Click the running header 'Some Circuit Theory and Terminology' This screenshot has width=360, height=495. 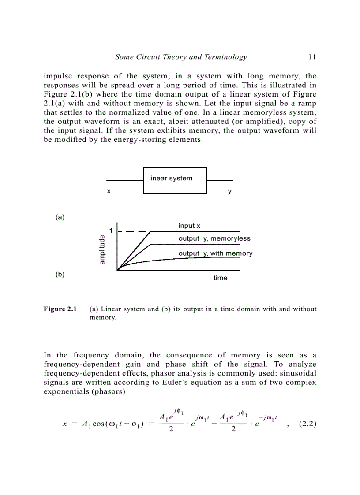[x=181, y=57]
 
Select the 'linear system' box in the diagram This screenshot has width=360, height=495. [x=175, y=180]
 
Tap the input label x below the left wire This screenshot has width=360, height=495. [x=109, y=192]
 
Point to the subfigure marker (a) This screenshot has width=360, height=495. [x=60, y=217]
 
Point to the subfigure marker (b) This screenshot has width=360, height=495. [x=60, y=274]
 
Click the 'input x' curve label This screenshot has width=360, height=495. [x=189, y=226]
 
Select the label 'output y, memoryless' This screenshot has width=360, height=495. [x=214, y=238]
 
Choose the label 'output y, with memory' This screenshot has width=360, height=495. [x=215, y=253]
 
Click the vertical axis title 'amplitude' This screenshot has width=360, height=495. [x=102, y=250]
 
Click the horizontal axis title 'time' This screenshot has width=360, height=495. [x=220, y=278]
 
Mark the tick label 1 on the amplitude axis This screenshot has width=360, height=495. [x=111, y=231]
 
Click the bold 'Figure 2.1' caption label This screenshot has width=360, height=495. [x=60, y=309]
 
